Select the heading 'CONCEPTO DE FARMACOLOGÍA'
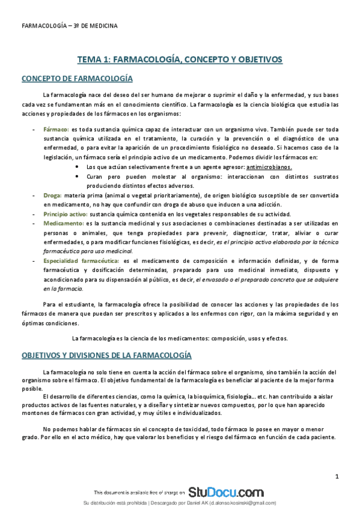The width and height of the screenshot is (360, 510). point(77,79)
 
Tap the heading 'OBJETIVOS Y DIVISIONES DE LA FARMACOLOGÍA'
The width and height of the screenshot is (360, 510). point(106,355)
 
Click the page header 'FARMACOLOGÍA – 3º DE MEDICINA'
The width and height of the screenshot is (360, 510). point(69,26)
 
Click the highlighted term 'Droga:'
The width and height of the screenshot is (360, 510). point(52,196)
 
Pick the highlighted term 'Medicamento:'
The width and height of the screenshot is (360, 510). point(61,223)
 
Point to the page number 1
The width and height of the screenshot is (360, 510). point(337,477)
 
